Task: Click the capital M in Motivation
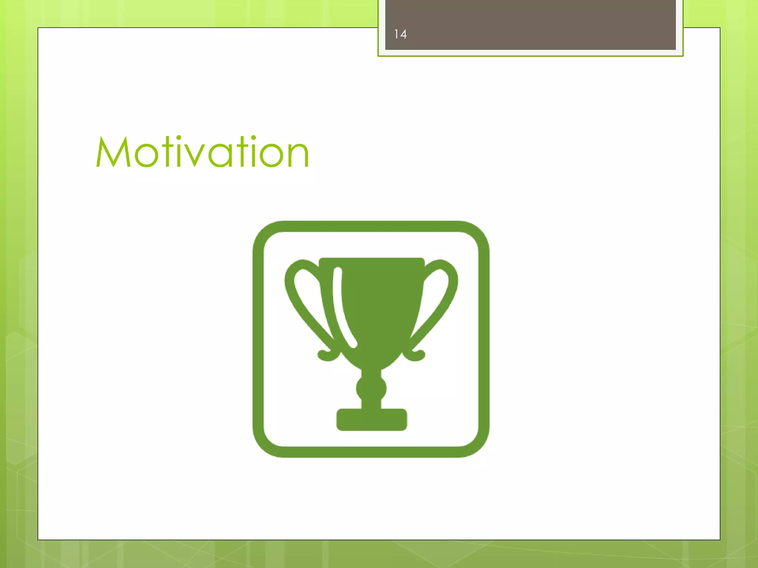(113, 152)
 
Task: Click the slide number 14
(400, 34)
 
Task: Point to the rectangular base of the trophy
(371, 420)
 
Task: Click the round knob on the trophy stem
(371, 388)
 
